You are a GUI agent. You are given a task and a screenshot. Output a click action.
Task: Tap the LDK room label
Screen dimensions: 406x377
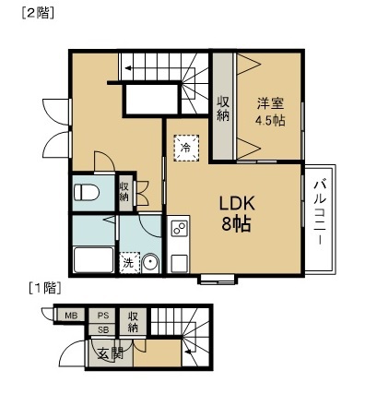click(x=235, y=204)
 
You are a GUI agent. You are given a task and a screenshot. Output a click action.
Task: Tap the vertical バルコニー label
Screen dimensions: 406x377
click(x=318, y=212)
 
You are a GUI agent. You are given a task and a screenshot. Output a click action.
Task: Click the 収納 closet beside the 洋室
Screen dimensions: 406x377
click(x=223, y=108)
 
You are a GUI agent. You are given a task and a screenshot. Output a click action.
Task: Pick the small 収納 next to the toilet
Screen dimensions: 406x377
click(x=124, y=191)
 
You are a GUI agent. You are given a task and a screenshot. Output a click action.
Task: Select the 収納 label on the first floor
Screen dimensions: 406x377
click(x=133, y=321)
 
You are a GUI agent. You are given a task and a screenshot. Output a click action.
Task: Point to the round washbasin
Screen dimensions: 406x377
click(x=151, y=264)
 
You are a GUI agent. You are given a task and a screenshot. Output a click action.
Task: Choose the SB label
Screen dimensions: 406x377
click(x=103, y=329)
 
